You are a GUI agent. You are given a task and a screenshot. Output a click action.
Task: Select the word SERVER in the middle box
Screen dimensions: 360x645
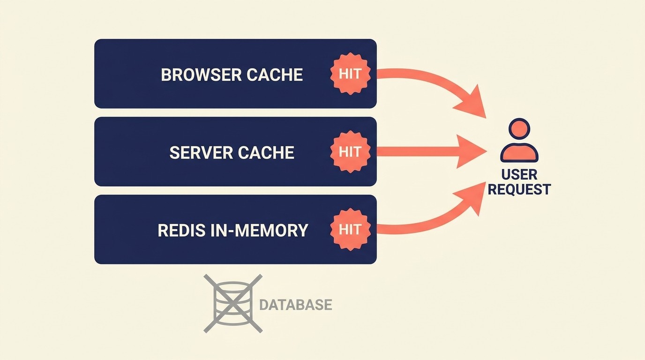click(x=201, y=153)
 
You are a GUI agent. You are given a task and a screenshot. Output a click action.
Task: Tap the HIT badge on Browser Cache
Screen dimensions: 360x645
click(x=350, y=74)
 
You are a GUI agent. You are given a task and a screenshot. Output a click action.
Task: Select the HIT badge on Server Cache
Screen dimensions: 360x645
click(x=350, y=151)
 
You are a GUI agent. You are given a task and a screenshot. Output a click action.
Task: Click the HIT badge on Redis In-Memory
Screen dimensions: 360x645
click(x=350, y=229)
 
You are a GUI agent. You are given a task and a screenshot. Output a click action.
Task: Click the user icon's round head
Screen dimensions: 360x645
click(x=519, y=129)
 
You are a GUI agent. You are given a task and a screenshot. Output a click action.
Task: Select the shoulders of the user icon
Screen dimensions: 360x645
click(x=519, y=153)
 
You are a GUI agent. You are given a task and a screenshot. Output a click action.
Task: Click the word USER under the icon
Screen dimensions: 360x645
click(x=519, y=175)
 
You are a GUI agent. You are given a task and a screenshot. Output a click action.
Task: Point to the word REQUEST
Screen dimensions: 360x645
click(x=519, y=189)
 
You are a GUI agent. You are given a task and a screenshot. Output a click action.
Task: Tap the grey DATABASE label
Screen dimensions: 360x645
click(x=295, y=305)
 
